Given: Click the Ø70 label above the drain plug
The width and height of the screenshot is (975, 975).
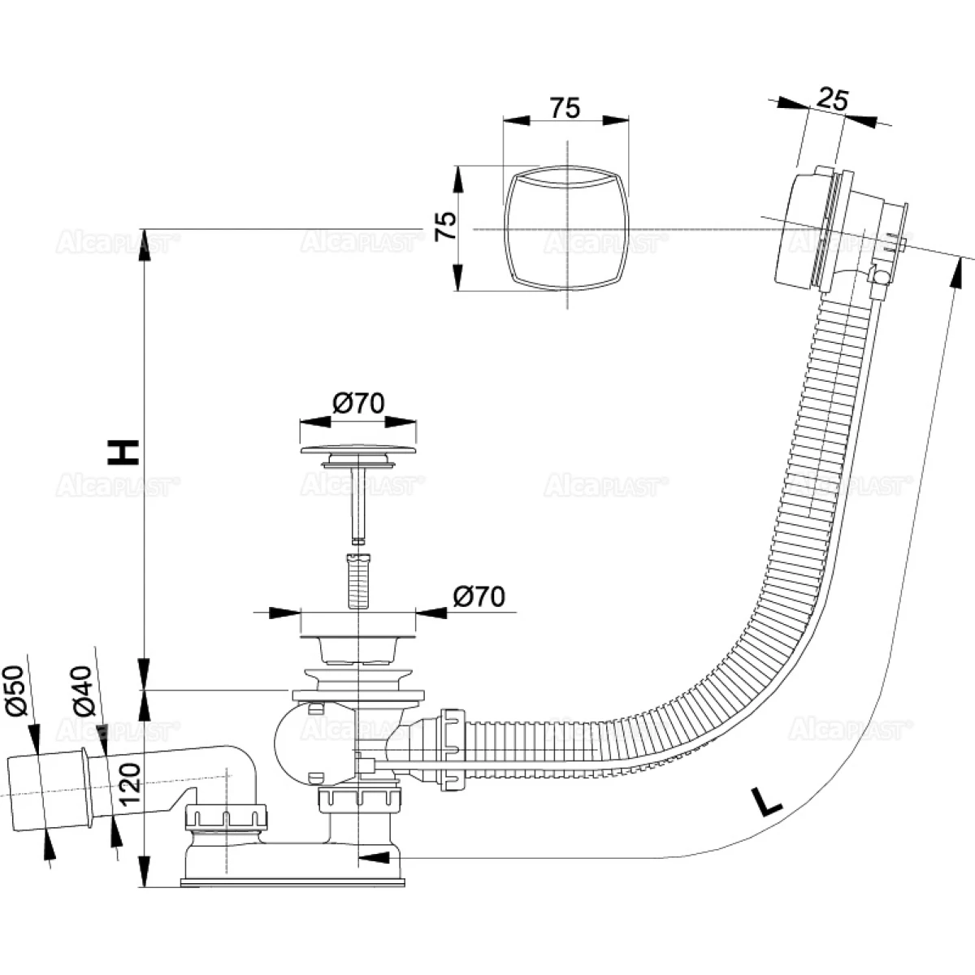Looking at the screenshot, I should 358,404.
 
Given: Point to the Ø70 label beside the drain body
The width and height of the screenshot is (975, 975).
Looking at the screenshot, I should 479,596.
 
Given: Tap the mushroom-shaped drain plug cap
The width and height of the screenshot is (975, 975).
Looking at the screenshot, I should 358,449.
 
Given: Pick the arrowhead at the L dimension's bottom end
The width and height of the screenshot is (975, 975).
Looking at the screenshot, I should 370,856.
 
